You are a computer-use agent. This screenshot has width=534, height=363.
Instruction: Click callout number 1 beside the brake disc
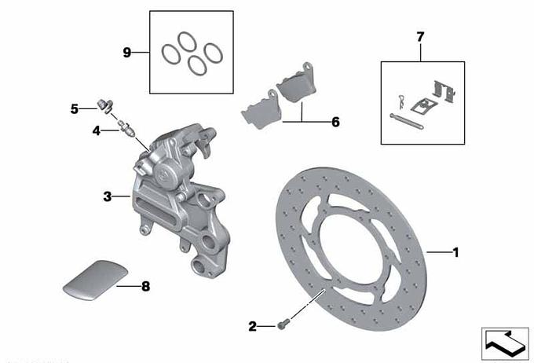click(x=455, y=252)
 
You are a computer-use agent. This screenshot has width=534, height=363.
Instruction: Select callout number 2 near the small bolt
click(x=252, y=327)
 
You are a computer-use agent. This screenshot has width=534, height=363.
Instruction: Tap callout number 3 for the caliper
click(x=108, y=196)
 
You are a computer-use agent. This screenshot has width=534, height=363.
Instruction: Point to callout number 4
click(x=97, y=130)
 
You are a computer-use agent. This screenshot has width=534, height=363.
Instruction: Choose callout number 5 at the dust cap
click(x=75, y=109)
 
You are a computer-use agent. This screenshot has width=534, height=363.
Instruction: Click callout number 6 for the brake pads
click(x=335, y=122)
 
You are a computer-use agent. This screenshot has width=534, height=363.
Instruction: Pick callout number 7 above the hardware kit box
click(x=420, y=36)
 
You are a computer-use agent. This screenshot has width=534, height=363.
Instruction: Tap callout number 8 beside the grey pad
click(x=146, y=286)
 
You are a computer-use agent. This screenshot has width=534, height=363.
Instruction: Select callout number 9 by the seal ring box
click(x=126, y=53)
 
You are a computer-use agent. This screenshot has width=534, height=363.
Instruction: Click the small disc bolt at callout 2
click(x=283, y=324)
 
